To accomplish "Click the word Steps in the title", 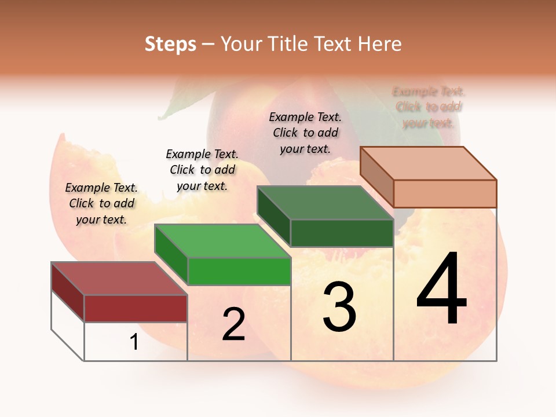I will click(x=170, y=44).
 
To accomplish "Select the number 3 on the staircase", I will click(x=339, y=307).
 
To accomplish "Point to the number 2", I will click(x=233, y=324).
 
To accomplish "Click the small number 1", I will click(x=134, y=342).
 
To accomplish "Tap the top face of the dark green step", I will click(x=325, y=203).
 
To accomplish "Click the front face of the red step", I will click(x=136, y=308).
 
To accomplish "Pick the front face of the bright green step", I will click(x=239, y=271).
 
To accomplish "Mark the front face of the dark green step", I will click(x=342, y=233).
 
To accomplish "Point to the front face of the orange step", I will click(x=445, y=193).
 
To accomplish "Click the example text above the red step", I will click(x=102, y=203).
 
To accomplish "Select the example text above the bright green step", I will click(x=202, y=170).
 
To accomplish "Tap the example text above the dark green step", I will click(x=305, y=133).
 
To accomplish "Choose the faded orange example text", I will click(x=429, y=107).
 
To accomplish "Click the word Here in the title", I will click(x=379, y=44).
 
